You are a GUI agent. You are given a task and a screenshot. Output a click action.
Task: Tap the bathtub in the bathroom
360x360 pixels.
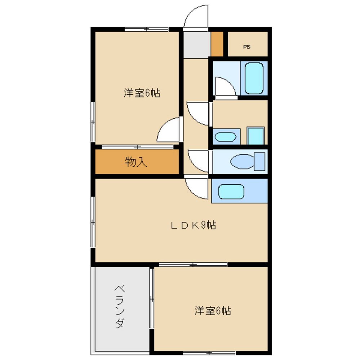pyautogui.click(x=254, y=78)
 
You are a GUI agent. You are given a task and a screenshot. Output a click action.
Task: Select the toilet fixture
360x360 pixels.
pyautogui.click(x=242, y=162)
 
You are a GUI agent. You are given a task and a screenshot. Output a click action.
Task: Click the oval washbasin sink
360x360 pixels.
pyautogui.click(x=226, y=137)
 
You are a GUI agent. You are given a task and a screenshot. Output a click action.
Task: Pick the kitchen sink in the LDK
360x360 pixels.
pyautogui.click(x=231, y=191)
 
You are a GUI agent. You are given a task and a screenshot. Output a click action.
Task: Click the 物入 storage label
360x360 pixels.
pyautogui.click(x=136, y=162)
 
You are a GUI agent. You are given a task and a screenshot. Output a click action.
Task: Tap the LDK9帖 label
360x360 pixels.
pyautogui.click(x=193, y=226)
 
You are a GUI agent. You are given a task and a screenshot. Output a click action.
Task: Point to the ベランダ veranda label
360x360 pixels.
pyautogui.click(x=120, y=306)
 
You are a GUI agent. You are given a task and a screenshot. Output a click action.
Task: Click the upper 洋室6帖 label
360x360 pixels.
pyautogui.click(x=142, y=93)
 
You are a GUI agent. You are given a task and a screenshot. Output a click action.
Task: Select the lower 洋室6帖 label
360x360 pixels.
pyautogui.click(x=213, y=310)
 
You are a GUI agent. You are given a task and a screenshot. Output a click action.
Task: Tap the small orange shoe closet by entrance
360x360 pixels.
pyautogui.click(x=217, y=44)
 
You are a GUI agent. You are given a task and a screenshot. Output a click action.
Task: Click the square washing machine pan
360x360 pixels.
pyautogui.click(x=256, y=136)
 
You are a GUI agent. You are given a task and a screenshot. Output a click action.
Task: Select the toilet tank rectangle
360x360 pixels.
pyautogui.click(x=259, y=161)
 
